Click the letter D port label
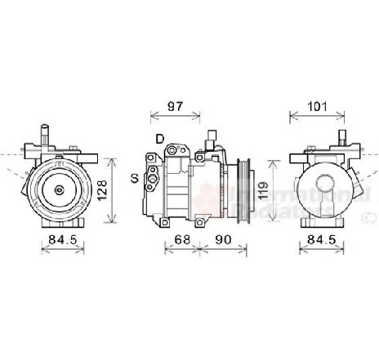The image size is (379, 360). tap(159, 137)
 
